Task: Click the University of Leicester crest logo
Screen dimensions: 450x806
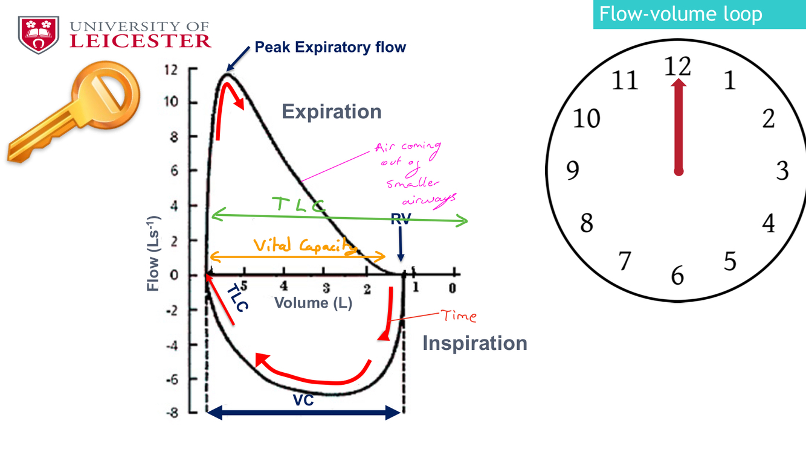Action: click(x=39, y=34)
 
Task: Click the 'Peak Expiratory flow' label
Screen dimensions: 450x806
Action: click(x=330, y=47)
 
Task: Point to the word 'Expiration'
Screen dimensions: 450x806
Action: click(x=332, y=112)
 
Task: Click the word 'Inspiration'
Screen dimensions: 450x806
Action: click(x=474, y=343)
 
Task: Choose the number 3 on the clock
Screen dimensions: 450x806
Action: click(x=782, y=171)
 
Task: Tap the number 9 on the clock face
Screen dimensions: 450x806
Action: click(x=572, y=171)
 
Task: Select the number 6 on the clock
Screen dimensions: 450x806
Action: click(x=678, y=276)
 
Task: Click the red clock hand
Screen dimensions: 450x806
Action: click(x=679, y=127)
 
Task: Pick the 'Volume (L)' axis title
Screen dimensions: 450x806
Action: click(x=313, y=302)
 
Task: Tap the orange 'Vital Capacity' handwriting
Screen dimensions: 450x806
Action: click(x=304, y=246)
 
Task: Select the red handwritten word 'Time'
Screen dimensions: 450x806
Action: click(x=459, y=315)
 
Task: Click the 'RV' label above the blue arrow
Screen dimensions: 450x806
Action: click(x=400, y=220)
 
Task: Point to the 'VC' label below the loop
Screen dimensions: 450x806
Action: click(x=303, y=400)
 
